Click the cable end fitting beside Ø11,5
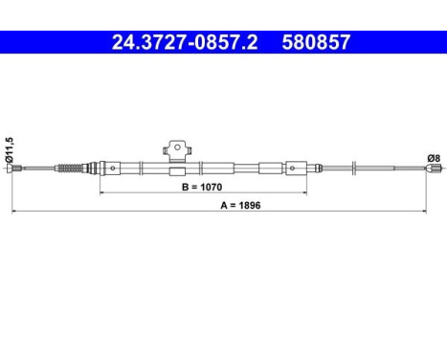coord(16,170)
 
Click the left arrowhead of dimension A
coord(13,212)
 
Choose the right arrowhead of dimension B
coord(313,193)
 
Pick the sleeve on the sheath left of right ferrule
coord(268,170)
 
